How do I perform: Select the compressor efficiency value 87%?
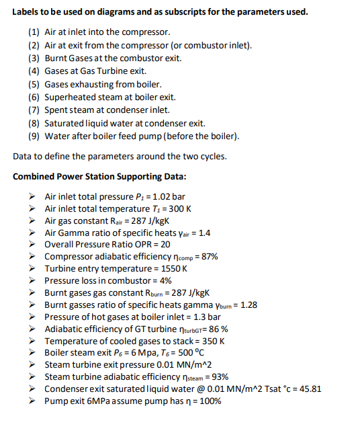tap(208, 256)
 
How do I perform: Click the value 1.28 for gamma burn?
tap(247, 305)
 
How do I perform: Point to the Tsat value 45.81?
tap(308, 389)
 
